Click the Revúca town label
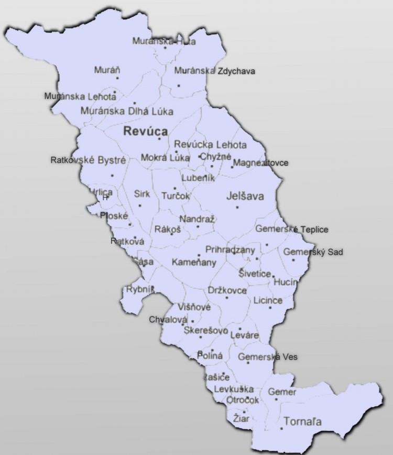click(x=145, y=132)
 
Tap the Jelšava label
click(x=245, y=197)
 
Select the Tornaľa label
click(x=302, y=421)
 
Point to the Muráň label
click(x=107, y=69)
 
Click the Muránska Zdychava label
click(x=215, y=71)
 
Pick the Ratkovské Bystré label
click(x=88, y=160)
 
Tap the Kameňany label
click(x=194, y=261)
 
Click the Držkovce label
click(x=227, y=290)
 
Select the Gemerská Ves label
click(x=268, y=357)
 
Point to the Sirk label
click(x=142, y=194)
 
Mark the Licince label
click(x=268, y=300)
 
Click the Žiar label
click(x=242, y=418)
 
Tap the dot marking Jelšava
click(x=237, y=207)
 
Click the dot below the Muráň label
click(x=117, y=78)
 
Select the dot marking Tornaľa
click(x=282, y=429)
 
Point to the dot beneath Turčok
click(x=175, y=188)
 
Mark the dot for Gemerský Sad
click(x=293, y=260)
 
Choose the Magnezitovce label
click(x=261, y=163)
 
